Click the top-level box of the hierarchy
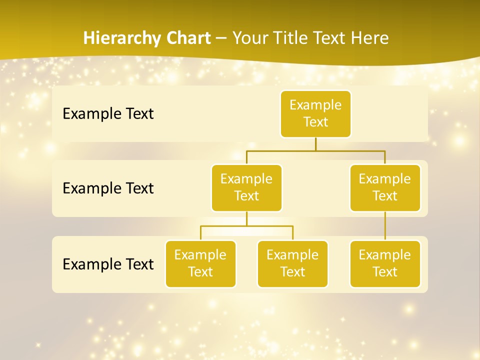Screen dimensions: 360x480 pos(315,113)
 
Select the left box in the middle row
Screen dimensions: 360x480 pos(246,187)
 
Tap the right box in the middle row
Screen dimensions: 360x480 pos(385,187)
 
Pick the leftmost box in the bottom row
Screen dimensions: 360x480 pos(200,263)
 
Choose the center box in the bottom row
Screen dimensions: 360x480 pos(292,263)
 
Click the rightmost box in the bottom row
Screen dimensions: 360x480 pos(385,263)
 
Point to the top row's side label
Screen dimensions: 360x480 pos(108,113)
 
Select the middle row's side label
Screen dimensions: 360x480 pos(108,188)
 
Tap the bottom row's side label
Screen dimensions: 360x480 pos(108,264)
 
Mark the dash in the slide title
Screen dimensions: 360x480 pos(221,38)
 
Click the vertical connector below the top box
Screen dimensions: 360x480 pos(315,144)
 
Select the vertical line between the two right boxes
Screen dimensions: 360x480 pos(385,226)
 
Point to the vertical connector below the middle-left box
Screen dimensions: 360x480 pos(246,219)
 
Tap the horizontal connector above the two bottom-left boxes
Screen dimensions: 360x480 pos(246,226)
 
